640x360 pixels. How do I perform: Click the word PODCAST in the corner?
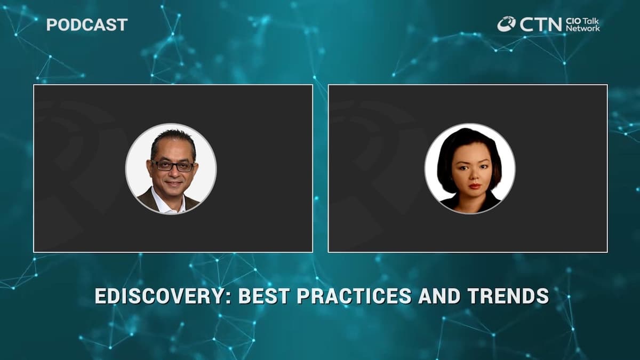point(87,25)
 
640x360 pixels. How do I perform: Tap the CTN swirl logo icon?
point(506,23)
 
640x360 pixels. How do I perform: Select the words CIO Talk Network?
point(582,24)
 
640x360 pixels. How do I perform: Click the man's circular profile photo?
point(171,169)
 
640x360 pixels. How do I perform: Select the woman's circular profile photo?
point(470,169)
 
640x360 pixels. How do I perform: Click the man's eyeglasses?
point(172,166)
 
